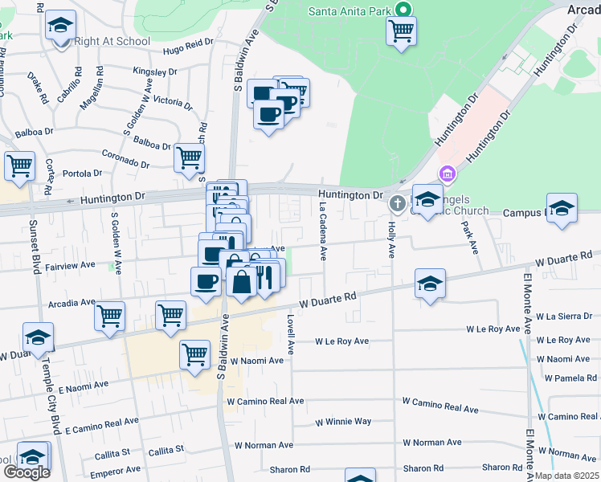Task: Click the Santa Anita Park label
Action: click(350, 12)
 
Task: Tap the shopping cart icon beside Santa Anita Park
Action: click(401, 31)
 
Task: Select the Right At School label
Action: click(112, 41)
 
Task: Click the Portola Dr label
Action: click(83, 173)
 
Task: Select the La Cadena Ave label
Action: click(323, 231)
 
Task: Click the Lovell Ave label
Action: click(291, 335)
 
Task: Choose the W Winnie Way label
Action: click(343, 421)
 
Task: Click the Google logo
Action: click(27, 472)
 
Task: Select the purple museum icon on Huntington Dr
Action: click(448, 174)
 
